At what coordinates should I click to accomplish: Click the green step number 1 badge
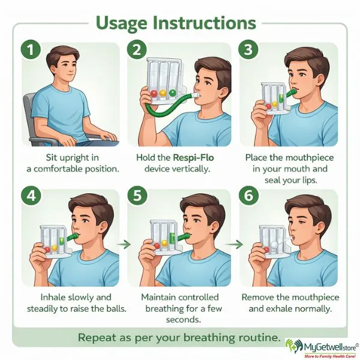31,50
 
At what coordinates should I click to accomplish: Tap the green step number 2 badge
137,49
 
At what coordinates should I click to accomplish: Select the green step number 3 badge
248,49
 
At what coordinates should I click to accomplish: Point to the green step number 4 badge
31,196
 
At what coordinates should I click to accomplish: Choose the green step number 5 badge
137,196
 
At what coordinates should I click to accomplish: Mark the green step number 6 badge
249,196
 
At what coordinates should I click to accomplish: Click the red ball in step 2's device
154,94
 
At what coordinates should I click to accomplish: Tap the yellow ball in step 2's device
163,93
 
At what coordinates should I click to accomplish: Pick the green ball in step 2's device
172,93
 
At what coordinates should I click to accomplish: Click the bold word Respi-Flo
193,158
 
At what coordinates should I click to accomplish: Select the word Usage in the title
122,23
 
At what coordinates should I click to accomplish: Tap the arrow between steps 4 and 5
124,244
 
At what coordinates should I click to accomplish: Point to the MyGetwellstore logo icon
294,346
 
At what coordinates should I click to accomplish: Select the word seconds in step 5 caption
184,320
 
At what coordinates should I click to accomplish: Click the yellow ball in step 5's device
164,243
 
